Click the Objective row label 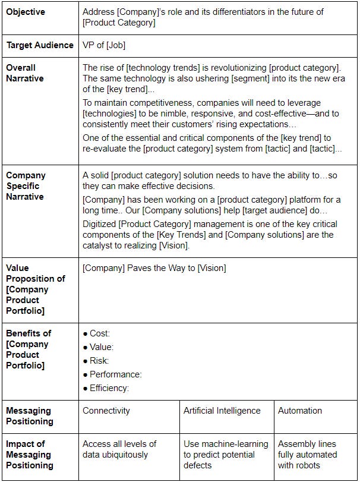coord(26,11)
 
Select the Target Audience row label coord(40,45)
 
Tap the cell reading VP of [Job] coord(104,45)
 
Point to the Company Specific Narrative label coord(26,186)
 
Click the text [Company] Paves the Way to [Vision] coord(154,268)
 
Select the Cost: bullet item coord(99,334)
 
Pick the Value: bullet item coord(101,348)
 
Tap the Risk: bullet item coord(99,361)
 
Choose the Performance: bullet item coord(115,375)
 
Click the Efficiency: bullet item coord(109,389)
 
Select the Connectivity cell coord(106,411)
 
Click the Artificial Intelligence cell coord(222,411)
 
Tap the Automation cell coord(300,411)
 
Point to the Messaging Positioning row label coord(29,416)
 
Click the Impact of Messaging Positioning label coord(29,455)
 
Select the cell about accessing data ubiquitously coord(119,449)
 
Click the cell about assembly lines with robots coord(307,455)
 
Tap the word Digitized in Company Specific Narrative coord(101,224)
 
